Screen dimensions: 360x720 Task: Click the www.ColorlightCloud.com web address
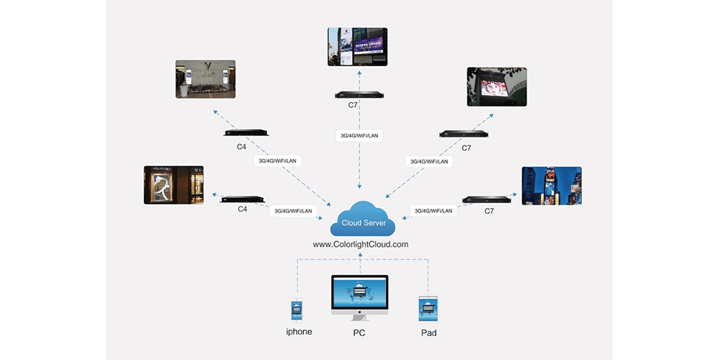[x=361, y=244]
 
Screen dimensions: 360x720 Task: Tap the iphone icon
[x=298, y=310]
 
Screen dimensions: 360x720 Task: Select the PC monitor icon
[x=359, y=297]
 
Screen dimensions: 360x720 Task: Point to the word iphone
[x=298, y=333]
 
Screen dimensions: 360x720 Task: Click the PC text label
[x=359, y=333]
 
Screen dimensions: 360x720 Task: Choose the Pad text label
[x=428, y=333]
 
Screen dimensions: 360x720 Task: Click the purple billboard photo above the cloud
[x=358, y=47]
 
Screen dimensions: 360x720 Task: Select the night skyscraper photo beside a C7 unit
[x=552, y=186]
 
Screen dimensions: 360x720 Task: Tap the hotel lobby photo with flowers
[x=205, y=78]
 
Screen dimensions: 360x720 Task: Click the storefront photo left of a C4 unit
[x=174, y=186]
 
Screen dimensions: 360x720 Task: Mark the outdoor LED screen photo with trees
[x=496, y=87]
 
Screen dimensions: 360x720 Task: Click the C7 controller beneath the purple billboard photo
[x=358, y=94]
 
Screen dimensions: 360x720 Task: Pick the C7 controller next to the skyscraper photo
[x=486, y=199]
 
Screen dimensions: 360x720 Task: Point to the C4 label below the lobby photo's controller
[x=243, y=147]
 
